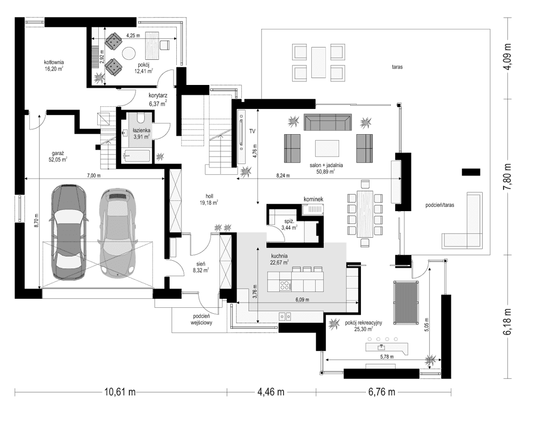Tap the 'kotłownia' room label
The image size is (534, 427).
(x=54, y=63)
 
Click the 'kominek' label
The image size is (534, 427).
(x=314, y=199)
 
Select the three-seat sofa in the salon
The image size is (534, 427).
(x=327, y=122)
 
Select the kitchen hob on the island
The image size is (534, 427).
(x=284, y=284)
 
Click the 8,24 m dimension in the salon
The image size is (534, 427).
(x=284, y=175)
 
